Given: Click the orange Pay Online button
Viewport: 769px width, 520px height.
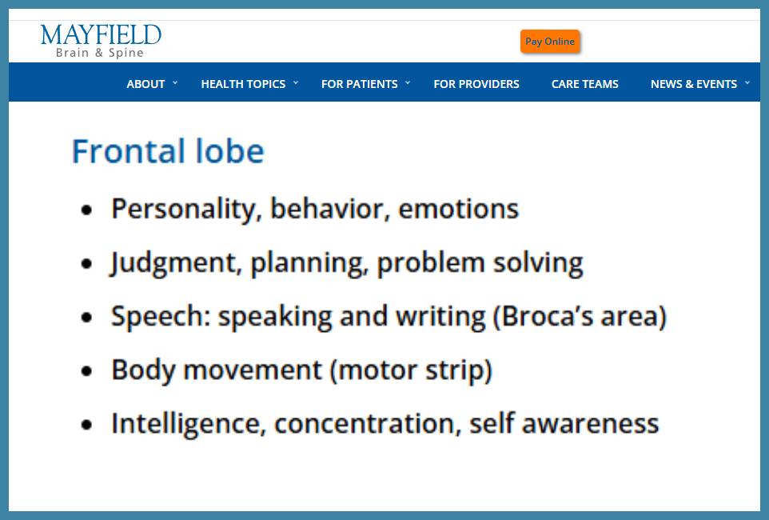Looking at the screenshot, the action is (550, 42).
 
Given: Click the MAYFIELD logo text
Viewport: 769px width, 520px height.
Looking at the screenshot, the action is (101, 35).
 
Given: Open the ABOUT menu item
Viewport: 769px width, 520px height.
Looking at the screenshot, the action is (145, 84).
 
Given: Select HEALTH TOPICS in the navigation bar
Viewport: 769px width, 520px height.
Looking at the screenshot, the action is (243, 84).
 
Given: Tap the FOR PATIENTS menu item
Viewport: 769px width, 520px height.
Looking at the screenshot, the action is (360, 84).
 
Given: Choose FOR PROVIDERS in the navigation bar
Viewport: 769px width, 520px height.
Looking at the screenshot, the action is (476, 84).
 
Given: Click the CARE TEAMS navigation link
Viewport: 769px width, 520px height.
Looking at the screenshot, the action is (584, 84).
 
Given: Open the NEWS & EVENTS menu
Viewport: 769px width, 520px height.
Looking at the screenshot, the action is (694, 84).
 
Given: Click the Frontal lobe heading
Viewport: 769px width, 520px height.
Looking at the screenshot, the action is (168, 150).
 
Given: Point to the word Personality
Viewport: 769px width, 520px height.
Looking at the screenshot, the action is (183, 210).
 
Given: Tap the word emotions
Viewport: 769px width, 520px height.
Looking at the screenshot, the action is (459, 209).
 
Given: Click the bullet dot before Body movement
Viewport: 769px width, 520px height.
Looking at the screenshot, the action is (87, 371).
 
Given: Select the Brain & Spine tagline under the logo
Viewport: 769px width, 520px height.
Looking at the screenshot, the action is (100, 53).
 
